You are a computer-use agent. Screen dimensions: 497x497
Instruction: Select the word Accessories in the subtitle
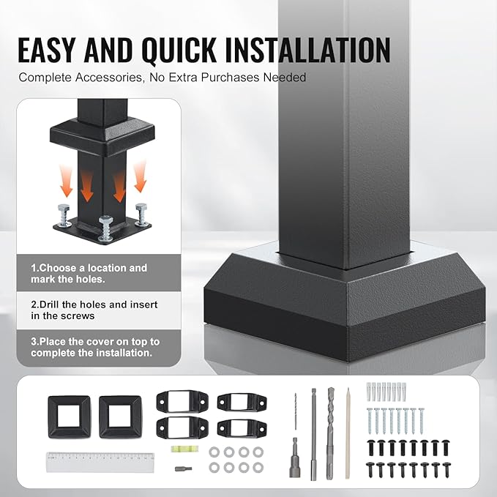pyautogui.click(x=100, y=77)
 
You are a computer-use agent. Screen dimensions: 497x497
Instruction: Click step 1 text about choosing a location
pyautogui.click(x=89, y=274)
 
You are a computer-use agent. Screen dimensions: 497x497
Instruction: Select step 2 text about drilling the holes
pyautogui.click(x=94, y=310)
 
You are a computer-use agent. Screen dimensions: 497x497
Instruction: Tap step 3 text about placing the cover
pyautogui.click(x=95, y=347)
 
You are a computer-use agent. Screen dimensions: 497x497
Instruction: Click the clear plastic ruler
pyautogui.click(x=100, y=461)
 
